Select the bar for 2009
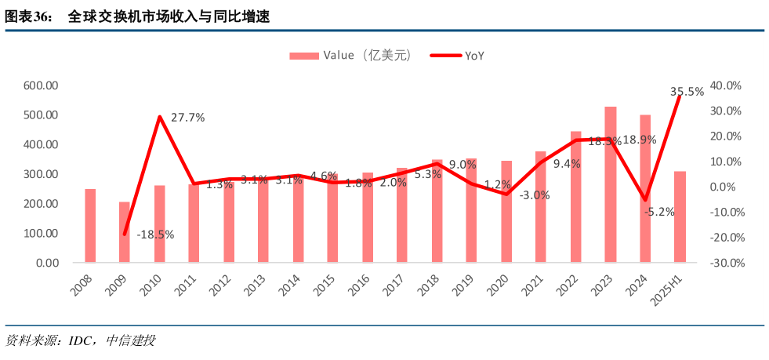125,232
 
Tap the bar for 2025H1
680,216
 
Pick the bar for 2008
90,226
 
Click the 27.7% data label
187,118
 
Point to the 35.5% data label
687,92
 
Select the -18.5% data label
155,234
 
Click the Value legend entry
350,55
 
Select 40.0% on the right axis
726,85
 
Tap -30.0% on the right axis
725,263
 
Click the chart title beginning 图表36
137,16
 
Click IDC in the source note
84,340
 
